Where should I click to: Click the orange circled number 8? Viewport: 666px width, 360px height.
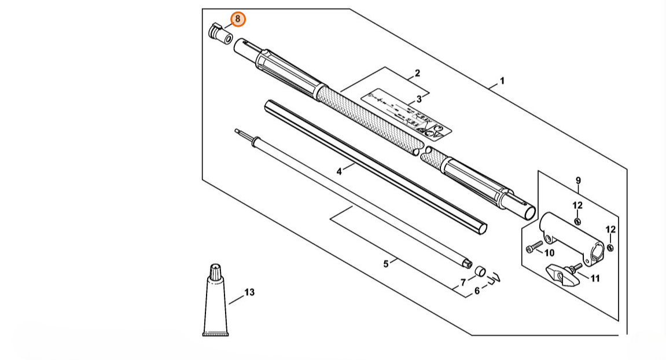tap(238, 19)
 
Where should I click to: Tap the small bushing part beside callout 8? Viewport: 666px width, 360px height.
tap(219, 32)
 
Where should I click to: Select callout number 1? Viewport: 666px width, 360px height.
tap(502, 80)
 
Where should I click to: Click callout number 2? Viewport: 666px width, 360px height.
tap(417, 74)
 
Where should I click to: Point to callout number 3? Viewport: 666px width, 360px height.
tap(419, 99)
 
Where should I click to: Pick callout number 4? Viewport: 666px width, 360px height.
tap(339, 171)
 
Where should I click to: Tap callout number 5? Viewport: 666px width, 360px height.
tap(386, 264)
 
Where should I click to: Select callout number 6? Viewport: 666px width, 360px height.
tap(477, 291)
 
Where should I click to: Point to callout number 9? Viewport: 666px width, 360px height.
tap(577, 181)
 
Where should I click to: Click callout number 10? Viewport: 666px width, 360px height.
tap(549, 253)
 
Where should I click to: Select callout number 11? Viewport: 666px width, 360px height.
tap(594, 278)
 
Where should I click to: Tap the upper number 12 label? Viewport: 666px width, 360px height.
tap(577, 205)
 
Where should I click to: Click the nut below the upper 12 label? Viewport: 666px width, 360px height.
tap(577, 221)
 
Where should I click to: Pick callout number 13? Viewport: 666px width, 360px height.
tap(249, 292)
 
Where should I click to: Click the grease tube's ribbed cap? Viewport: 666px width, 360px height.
tap(215, 270)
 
